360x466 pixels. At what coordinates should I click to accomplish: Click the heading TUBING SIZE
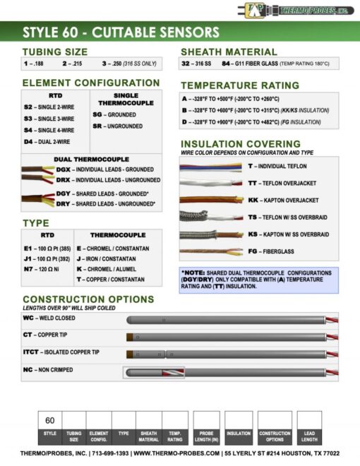(55, 52)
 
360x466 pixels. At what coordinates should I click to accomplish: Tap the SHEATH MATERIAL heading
(229, 52)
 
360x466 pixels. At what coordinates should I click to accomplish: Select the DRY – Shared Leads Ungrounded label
(106, 203)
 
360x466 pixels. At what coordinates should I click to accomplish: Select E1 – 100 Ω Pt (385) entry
(50, 249)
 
